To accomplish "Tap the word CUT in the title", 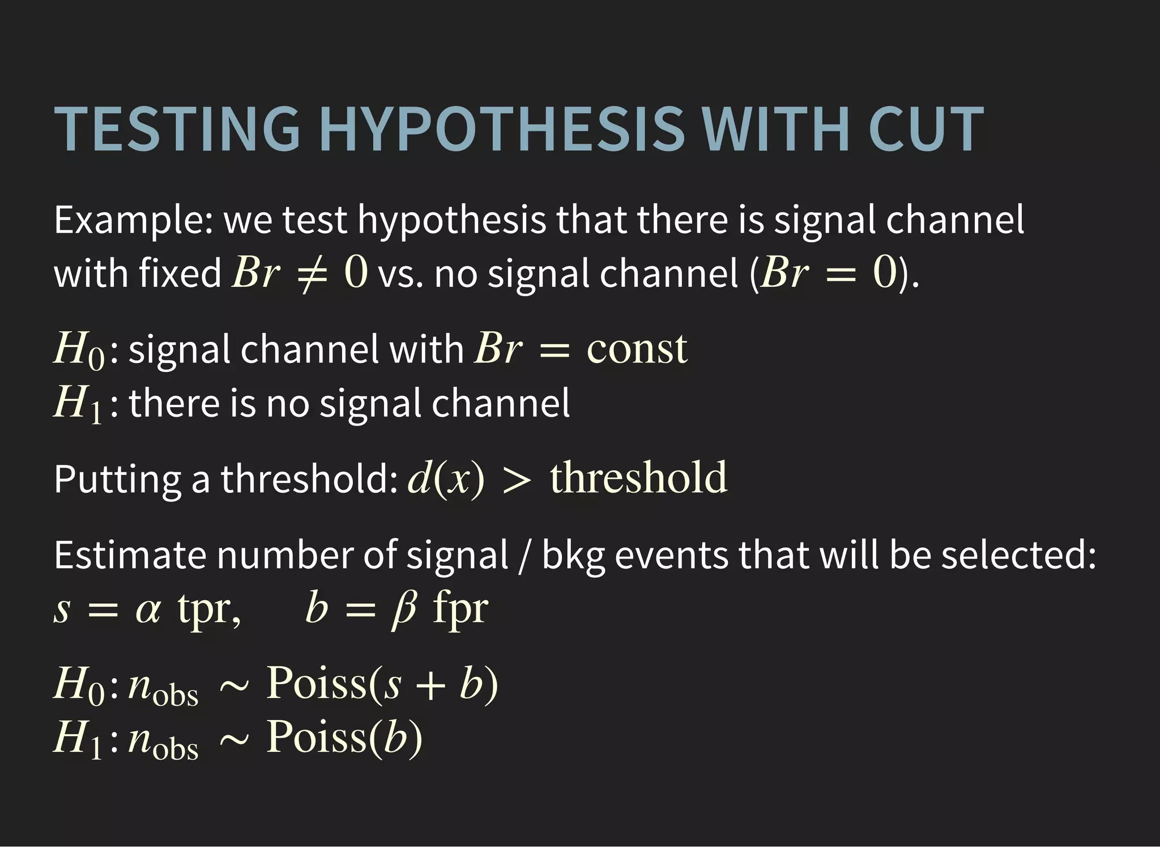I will point(926,129).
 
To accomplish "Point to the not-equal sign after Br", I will point(312,274).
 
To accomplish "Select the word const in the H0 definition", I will point(637,349).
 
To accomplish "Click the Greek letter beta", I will point(403,610).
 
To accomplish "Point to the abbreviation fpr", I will point(460,610).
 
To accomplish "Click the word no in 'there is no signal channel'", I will point(287,404).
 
